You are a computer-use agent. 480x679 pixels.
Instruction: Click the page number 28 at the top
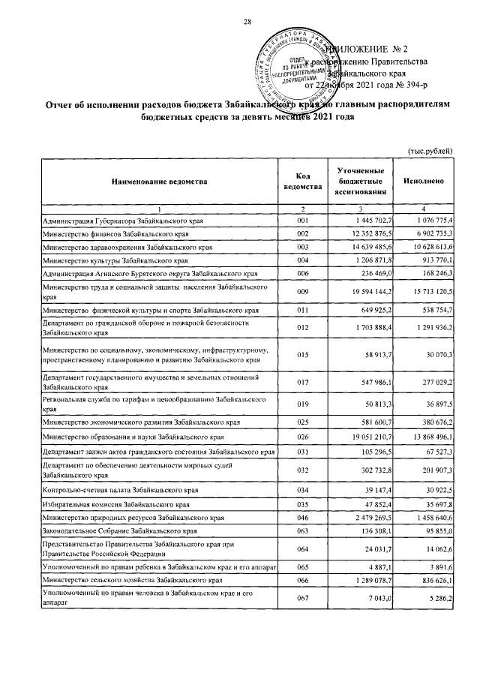point(247,21)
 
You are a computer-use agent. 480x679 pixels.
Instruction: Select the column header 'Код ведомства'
point(303,182)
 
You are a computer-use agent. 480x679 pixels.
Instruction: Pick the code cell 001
point(303,221)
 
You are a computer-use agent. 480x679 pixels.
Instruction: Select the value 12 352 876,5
point(364,234)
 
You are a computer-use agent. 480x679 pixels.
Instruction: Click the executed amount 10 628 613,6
point(426,247)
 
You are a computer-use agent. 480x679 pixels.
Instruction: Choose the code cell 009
point(303,290)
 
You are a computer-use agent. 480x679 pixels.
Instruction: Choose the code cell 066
point(303,581)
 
